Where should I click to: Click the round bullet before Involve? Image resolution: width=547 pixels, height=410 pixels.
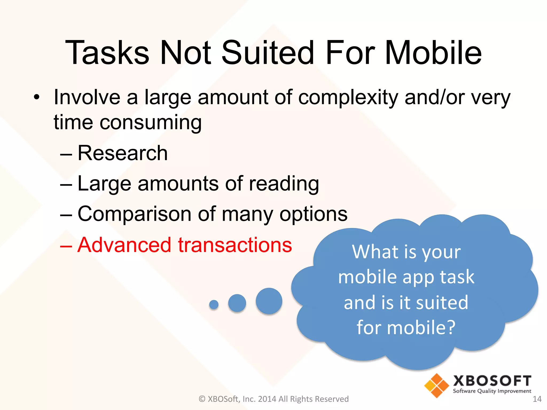(x=37, y=97)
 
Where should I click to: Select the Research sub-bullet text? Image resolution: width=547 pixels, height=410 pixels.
(x=123, y=153)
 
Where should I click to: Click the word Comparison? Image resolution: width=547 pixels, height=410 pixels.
(x=134, y=214)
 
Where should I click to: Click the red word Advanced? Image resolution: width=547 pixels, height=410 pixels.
(x=124, y=245)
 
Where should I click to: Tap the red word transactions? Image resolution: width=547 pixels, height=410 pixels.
(x=235, y=245)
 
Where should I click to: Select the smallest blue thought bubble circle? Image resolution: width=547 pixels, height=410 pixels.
(x=214, y=304)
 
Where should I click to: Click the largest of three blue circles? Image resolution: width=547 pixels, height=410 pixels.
(x=269, y=301)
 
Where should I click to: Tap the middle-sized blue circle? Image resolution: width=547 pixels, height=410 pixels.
(x=237, y=303)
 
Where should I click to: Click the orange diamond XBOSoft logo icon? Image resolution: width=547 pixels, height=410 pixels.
(x=436, y=385)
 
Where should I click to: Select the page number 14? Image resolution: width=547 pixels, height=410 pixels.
(x=537, y=399)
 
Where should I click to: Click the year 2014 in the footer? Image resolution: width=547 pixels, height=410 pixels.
(x=267, y=399)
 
